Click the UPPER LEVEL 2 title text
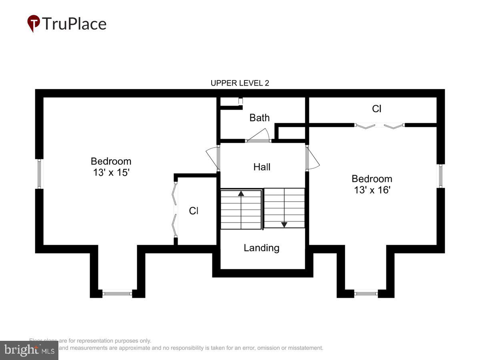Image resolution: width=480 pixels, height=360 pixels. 240,83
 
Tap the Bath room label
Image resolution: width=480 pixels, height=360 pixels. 260,118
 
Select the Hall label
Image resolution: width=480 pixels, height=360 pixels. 262,167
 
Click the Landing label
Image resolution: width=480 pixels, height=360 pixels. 262,248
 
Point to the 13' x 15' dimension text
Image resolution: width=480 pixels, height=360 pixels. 111,173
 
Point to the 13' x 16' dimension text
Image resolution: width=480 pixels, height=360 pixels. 372,190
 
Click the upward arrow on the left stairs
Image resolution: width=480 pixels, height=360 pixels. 241,194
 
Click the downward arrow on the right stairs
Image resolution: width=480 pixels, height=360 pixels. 284,224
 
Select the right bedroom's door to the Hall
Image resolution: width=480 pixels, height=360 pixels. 313,158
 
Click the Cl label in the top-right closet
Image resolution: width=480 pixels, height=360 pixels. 376,109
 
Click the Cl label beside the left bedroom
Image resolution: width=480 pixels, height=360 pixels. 194,211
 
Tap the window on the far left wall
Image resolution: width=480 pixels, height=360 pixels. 39,174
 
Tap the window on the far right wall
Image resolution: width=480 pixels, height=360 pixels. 440,176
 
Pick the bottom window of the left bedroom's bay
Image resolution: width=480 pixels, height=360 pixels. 117,294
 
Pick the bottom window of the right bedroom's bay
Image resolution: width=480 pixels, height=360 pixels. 366,294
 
